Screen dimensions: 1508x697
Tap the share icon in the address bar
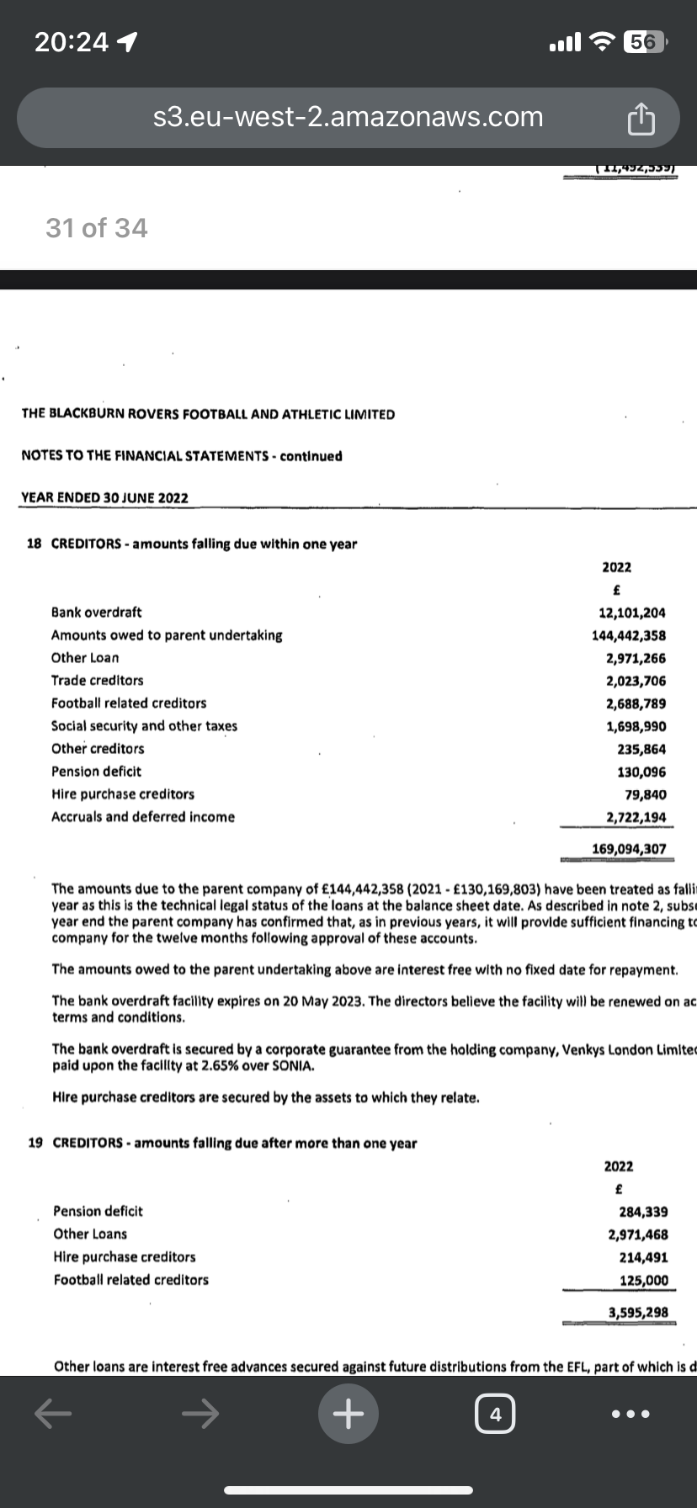click(641, 119)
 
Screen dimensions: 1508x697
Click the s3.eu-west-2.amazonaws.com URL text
click(348, 117)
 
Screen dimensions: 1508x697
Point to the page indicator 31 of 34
click(96, 228)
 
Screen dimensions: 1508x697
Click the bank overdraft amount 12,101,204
click(631, 613)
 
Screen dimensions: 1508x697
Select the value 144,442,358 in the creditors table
click(628, 636)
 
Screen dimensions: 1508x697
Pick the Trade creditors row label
click(97, 681)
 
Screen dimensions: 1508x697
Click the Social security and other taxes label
click(144, 726)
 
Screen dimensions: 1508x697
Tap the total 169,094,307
click(628, 849)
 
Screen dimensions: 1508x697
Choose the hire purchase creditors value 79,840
click(646, 794)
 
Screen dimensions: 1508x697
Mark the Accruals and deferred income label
click(143, 817)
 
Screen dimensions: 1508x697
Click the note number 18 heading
click(35, 544)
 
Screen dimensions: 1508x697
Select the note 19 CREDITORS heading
click(222, 1144)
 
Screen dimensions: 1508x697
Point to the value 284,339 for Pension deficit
click(643, 1212)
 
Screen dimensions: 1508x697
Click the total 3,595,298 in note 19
click(638, 1312)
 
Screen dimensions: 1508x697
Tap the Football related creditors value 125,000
click(643, 1281)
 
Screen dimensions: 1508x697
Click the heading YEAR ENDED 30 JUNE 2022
click(104, 498)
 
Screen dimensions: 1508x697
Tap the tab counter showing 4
click(495, 1415)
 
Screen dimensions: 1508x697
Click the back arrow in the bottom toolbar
click(52, 1415)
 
